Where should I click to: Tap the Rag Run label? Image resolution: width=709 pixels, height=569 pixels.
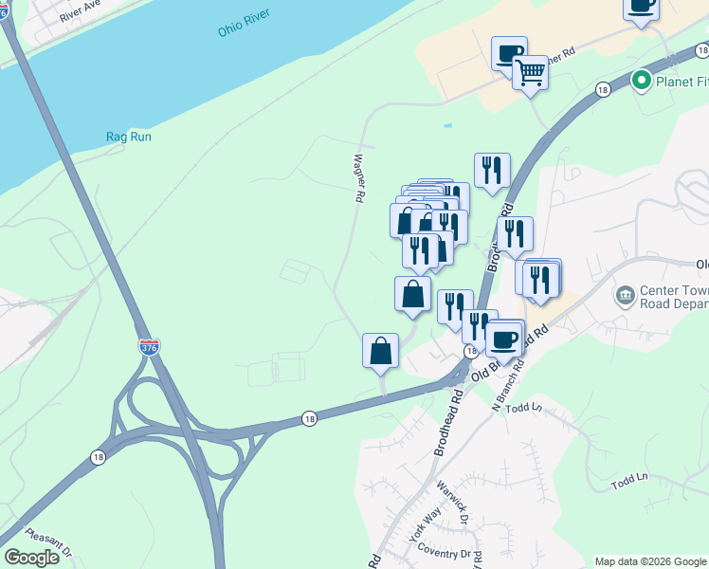128,137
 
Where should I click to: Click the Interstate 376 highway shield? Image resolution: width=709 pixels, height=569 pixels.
149,347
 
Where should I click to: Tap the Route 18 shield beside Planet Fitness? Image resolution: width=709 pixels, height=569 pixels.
603,89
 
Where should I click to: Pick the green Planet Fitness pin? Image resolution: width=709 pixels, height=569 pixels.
641,81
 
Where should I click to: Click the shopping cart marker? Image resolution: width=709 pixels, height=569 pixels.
530,72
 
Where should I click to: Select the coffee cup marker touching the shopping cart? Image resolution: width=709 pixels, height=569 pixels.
508,53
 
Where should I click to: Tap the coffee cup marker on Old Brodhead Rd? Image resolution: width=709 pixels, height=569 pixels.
504,340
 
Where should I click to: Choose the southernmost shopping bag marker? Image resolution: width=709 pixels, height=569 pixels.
380,350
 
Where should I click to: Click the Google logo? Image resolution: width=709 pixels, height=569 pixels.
32,557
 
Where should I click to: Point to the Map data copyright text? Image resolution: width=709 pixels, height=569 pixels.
649,561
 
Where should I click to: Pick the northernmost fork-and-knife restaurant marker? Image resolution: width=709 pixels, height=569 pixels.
492,171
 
